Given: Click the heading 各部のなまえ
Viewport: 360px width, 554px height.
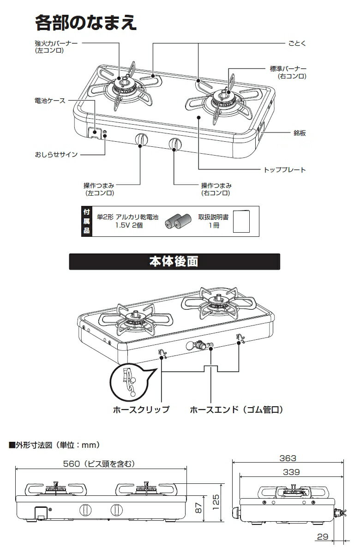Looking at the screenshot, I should (86, 22).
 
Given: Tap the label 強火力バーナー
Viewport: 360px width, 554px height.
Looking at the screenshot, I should (56, 43).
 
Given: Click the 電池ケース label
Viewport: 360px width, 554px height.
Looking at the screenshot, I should (50, 100).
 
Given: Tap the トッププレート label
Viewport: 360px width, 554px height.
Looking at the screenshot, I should (284, 169).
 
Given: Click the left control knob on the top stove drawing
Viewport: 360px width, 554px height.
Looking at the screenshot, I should (141, 140).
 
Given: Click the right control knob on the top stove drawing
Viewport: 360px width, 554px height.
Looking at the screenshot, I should (174, 144).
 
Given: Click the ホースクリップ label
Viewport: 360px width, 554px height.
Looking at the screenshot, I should (141, 409).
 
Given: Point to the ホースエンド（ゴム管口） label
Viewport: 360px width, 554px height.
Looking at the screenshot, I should (236, 409).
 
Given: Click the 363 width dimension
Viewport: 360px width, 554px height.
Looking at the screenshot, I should (288, 458).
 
